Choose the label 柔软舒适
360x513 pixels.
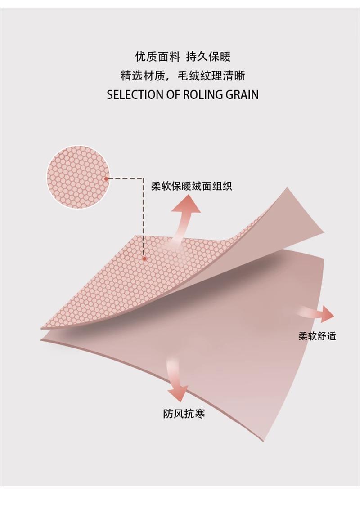click(x=317, y=335)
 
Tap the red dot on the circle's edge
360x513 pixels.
click(x=106, y=178)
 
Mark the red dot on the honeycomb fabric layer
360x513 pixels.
click(x=144, y=259)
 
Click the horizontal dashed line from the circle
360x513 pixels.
click(x=126, y=178)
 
